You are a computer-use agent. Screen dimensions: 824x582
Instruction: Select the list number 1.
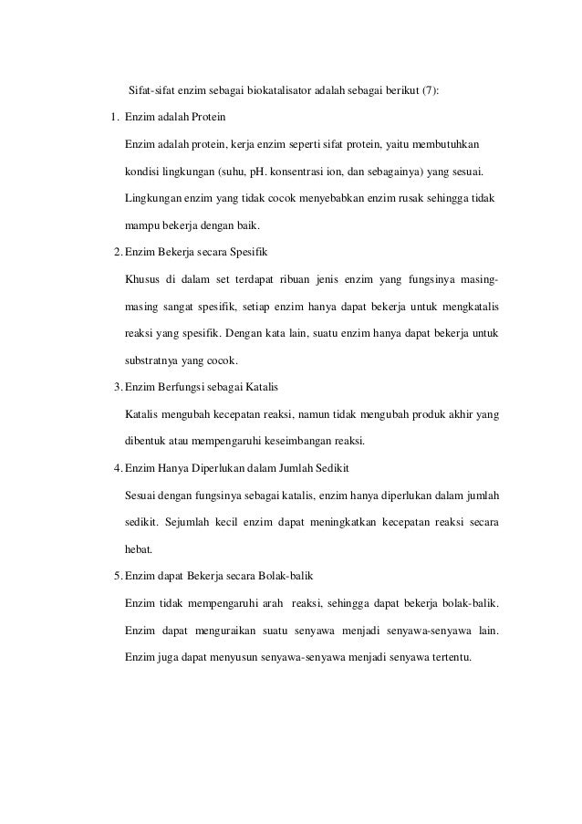tap(114, 119)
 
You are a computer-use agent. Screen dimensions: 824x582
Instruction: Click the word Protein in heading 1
tap(205, 119)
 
